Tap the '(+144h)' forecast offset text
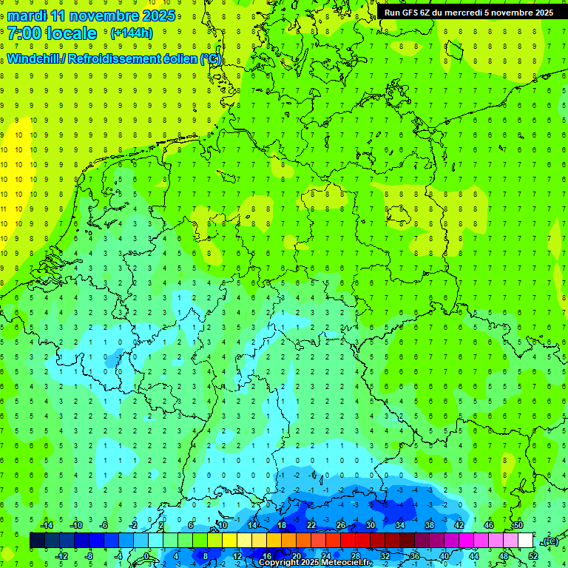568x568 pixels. pos(131,33)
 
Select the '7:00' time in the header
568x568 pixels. pos(24,33)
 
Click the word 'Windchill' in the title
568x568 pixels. pos(34,58)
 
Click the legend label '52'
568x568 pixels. pos(533,556)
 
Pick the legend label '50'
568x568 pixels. pos(518,525)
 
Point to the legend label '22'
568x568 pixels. pos(311,525)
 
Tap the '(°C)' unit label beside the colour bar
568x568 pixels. pos(550,541)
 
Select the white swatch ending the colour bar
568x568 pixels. pos(525,541)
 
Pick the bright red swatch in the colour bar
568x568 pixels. pos(348,541)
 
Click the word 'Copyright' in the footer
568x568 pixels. pos(279,563)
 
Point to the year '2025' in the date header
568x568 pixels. pos(156,16)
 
